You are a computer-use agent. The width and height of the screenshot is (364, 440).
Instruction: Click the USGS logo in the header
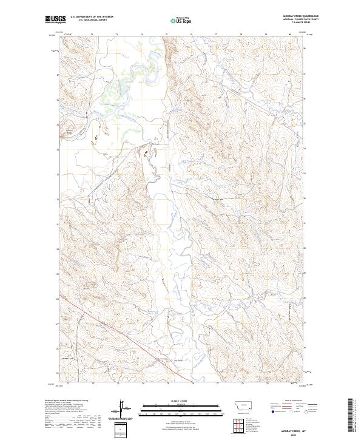coord(54,20)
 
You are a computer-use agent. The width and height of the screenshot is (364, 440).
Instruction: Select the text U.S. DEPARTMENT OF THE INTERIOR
coord(92,17)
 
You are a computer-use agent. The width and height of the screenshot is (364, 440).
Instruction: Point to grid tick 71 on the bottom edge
coord(68,384)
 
